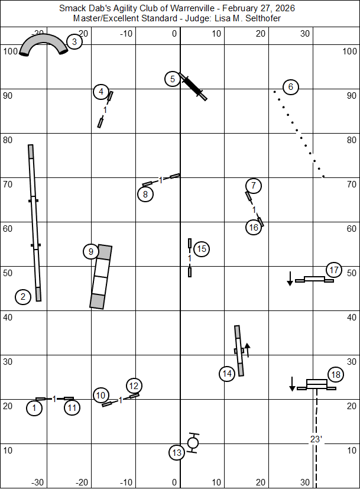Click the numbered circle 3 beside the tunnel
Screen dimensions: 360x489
(x=74, y=41)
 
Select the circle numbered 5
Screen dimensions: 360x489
(x=172, y=79)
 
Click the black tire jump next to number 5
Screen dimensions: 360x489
(x=193, y=87)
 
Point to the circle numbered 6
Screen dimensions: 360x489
(x=290, y=87)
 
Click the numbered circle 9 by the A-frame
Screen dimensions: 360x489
(x=90, y=252)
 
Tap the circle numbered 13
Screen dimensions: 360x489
(x=177, y=453)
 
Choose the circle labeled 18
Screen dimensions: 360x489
(x=336, y=374)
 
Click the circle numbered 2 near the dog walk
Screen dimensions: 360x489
(x=22, y=296)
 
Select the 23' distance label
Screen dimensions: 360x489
(x=316, y=439)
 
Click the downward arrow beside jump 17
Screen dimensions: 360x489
(x=290, y=278)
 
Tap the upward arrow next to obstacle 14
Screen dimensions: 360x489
(x=248, y=348)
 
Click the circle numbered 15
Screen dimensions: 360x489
(x=202, y=249)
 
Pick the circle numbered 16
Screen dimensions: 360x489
(x=253, y=227)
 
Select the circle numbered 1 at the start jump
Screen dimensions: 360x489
(x=35, y=407)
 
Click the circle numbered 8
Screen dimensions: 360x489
(x=145, y=194)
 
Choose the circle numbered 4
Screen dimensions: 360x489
(x=102, y=92)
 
